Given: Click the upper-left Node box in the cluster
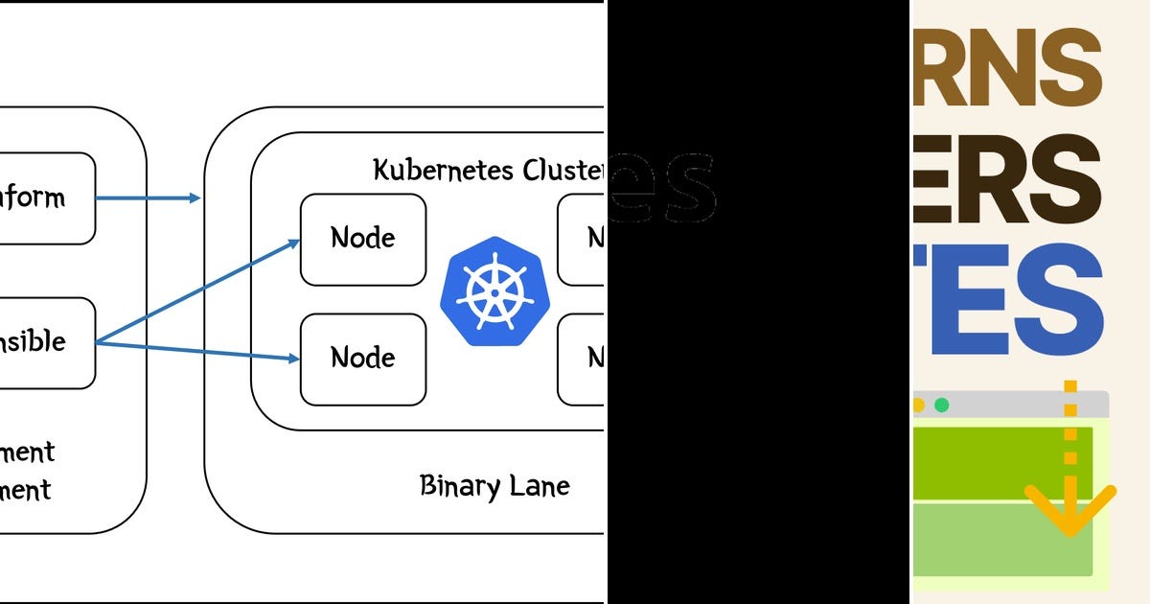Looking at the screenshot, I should click(x=363, y=239).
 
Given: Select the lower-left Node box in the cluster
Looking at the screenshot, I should click(x=363, y=359).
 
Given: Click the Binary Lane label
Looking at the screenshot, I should click(x=494, y=485).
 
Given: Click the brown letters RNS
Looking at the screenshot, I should click(x=1006, y=69).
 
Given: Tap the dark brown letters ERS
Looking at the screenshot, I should click(x=1006, y=179).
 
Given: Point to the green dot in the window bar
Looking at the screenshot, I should click(x=941, y=405).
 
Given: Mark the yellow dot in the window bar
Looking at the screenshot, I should click(x=917, y=405).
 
